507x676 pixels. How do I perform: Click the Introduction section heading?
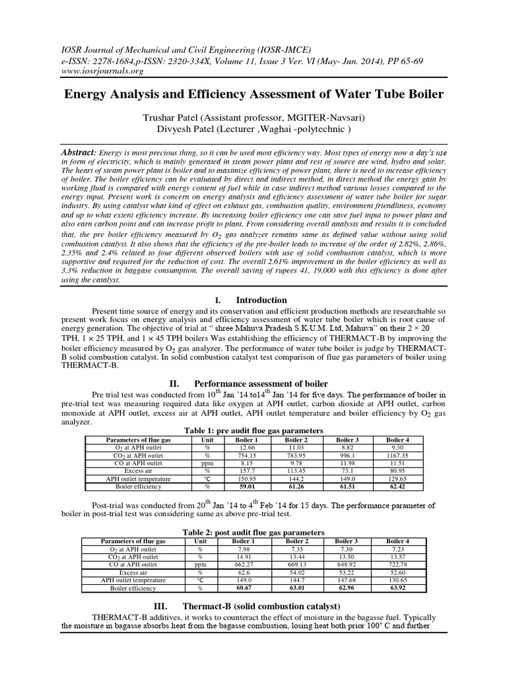coord(261,300)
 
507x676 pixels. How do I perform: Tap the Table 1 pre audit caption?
coord(253,430)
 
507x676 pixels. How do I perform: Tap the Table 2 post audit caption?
coord(253,532)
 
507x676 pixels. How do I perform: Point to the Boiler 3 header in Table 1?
coord(347,439)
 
